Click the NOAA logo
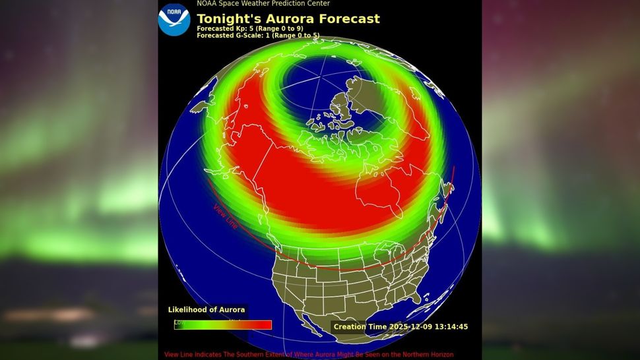(174, 19)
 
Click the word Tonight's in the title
(228, 18)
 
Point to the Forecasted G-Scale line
(258, 36)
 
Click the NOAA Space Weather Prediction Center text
(263, 4)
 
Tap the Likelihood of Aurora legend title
(207, 310)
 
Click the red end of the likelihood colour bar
(264, 324)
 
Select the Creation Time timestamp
(400, 327)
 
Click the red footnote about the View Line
(309, 355)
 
